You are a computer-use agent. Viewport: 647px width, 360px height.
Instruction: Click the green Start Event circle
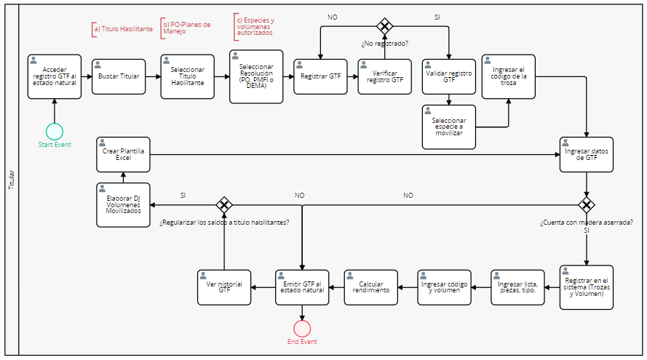click(x=54, y=131)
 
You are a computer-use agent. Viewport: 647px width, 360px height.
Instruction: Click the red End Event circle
click(x=302, y=328)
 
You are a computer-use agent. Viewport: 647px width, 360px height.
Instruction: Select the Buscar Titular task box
click(x=119, y=76)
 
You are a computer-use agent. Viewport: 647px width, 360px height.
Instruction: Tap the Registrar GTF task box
click(x=319, y=76)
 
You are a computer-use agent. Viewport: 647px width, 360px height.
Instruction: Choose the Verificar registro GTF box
click(x=384, y=76)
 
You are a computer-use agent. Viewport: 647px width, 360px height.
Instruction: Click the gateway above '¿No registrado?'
click(x=384, y=26)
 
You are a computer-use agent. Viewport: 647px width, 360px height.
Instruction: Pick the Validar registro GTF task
click(x=449, y=76)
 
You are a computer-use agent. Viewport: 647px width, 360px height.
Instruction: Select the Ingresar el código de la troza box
click(x=508, y=76)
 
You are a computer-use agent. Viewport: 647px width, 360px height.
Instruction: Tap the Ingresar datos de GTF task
click(x=586, y=153)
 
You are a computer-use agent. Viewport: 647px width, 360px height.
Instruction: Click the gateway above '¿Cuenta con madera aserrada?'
click(x=586, y=204)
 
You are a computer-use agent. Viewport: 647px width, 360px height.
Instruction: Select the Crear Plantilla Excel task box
click(x=123, y=153)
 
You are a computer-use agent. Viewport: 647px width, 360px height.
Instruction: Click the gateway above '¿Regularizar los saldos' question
click(x=224, y=204)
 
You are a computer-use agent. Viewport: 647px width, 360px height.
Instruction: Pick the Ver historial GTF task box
click(x=224, y=287)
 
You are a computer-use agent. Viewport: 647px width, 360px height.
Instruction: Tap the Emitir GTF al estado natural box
click(x=302, y=287)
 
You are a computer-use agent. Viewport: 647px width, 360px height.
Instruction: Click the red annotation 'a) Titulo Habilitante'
click(x=123, y=29)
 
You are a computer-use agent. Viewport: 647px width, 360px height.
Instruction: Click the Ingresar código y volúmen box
click(x=444, y=287)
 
